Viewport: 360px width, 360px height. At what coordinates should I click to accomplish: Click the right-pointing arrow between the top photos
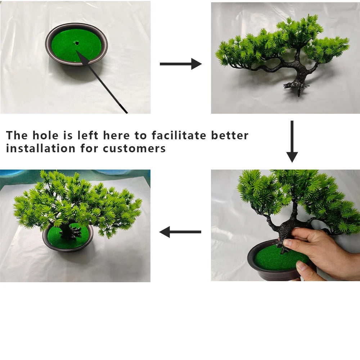[x=180, y=64]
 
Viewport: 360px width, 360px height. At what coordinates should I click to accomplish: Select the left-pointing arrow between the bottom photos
[x=180, y=232]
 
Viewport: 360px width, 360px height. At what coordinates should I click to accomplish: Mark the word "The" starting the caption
[x=17, y=135]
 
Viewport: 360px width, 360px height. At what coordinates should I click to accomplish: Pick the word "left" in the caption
[x=88, y=135]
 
